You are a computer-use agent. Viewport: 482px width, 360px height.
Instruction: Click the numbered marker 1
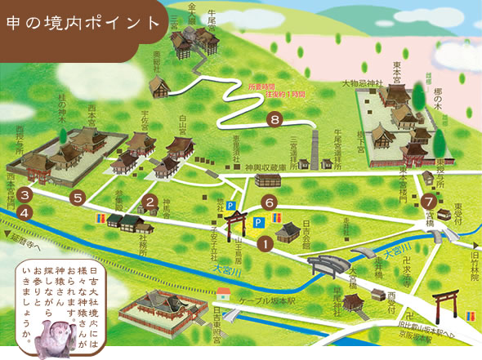(265, 242)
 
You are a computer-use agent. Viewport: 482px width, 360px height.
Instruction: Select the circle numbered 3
(25, 195)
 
